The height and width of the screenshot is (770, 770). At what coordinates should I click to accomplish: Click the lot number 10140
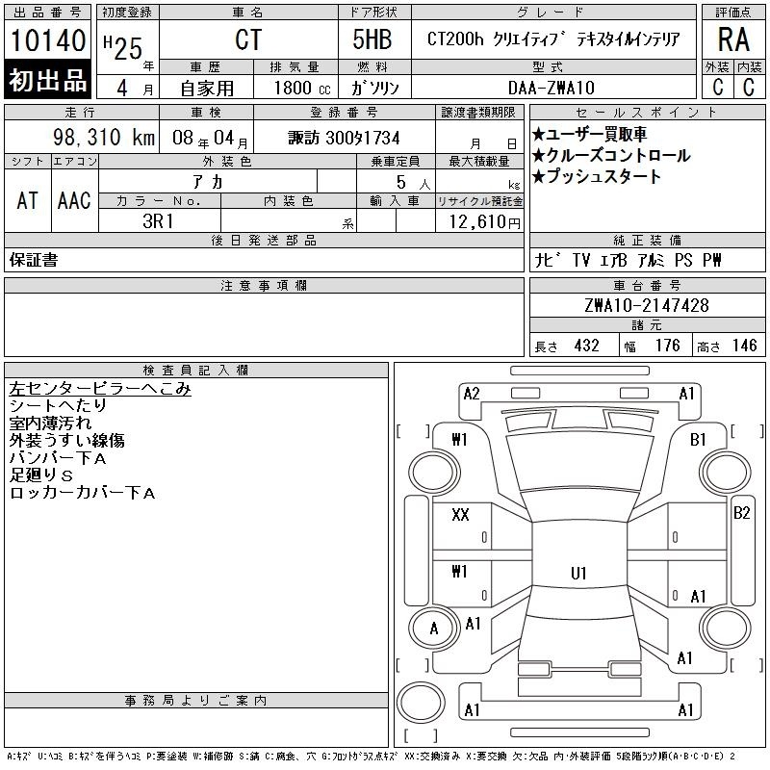pos(47,39)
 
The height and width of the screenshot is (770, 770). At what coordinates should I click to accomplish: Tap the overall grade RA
pos(733,39)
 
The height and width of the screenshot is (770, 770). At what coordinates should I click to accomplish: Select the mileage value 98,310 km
pos(104,137)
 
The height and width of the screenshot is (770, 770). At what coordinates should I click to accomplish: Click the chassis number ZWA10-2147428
pos(647,305)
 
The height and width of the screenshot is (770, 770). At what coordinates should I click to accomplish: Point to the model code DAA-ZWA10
pos(551,88)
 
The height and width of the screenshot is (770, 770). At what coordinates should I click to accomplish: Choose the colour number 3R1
pos(158,221)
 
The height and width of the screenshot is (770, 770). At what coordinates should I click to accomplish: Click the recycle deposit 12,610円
pos(485,222)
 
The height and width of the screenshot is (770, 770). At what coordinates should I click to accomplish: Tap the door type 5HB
pos(372,39)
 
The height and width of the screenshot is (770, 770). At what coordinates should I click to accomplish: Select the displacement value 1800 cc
pos(302,88)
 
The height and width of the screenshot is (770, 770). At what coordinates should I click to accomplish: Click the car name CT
pos(248,39)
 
